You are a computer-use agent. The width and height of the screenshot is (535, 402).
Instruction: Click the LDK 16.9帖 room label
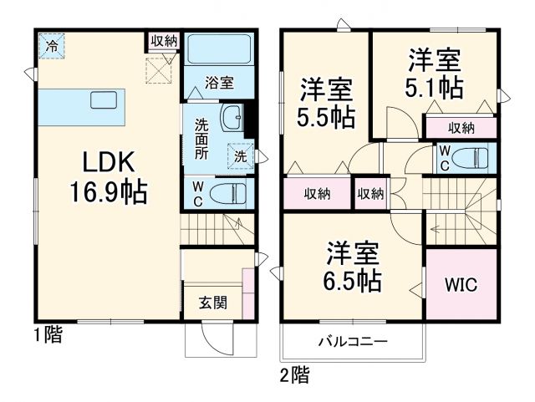108,177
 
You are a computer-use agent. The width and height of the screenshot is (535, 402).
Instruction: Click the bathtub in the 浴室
215,49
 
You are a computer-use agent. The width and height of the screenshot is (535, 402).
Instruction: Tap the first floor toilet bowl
227,194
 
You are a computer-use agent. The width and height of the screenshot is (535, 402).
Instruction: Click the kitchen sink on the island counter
104,100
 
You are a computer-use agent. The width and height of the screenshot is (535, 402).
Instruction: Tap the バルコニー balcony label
351,342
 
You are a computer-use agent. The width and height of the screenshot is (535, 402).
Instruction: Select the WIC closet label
461,284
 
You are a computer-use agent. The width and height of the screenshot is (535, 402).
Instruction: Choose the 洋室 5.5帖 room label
324,103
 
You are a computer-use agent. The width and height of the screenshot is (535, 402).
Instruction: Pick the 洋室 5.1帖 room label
433,74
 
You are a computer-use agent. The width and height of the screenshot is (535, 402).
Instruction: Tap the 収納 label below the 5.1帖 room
461,128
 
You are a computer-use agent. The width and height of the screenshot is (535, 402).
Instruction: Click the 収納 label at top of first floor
164,41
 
